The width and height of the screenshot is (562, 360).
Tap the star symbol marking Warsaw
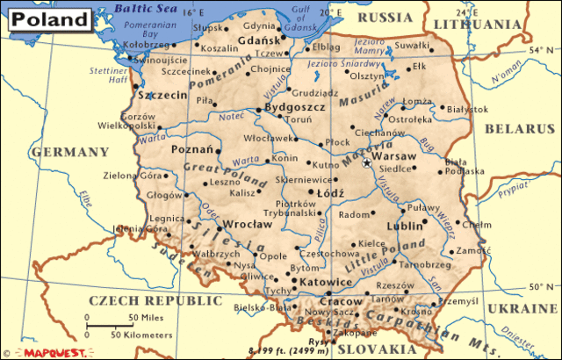click(367, 162)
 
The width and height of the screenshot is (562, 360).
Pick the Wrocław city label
click(246, 225)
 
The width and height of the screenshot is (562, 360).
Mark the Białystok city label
click(466, 110)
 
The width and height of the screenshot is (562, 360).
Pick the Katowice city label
click(325, 282)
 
